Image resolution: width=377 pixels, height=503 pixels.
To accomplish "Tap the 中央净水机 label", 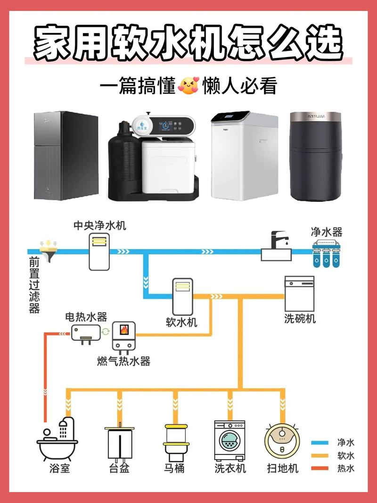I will [x=99, y=225].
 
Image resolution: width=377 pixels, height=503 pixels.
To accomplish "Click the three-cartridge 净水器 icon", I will [x=326, y=255].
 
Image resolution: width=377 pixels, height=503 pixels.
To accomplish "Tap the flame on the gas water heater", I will [x=124, y=329].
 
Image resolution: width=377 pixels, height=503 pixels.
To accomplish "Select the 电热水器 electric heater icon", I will [x=86, y=332].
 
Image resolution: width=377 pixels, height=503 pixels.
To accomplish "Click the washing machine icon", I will [x=230, y=440].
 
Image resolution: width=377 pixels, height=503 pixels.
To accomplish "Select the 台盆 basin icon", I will [x=119, y=443].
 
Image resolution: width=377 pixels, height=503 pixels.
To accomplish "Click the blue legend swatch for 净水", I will [x=320, y=443].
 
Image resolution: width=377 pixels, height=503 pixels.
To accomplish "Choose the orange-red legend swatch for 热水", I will [x=320, y=469].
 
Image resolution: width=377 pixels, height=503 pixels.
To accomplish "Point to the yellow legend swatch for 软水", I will [x=320, y=456].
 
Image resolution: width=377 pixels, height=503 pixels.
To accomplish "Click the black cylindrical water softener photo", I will [x=315, y=156].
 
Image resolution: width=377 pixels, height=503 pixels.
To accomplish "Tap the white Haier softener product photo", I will [x=238, y=156].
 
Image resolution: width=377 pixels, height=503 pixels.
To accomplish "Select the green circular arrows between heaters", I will [x=106, y=331].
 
